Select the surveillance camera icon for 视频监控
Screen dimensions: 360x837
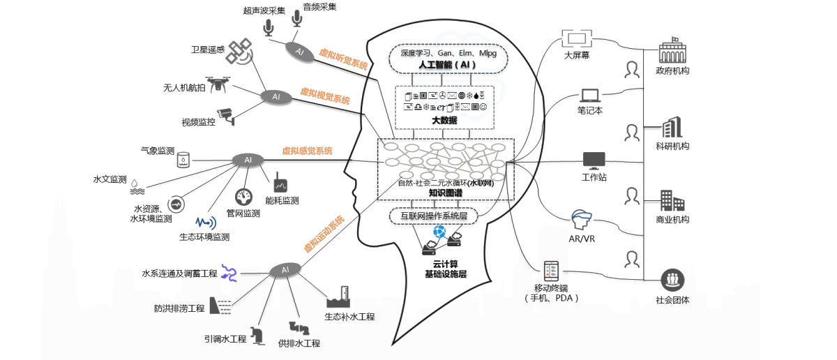coord(225,115)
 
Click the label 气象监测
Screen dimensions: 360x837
coord(157,150)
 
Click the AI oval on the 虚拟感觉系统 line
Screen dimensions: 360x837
coord(248,160)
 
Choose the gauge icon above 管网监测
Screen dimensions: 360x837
coord(243,196)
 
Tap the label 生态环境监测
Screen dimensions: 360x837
coord(204,237)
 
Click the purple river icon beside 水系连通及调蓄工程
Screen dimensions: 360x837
coord(229,272)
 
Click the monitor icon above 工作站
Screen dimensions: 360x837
coord(594,160)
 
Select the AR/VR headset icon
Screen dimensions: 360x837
coord(581,220)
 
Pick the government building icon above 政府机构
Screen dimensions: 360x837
coord(673,51)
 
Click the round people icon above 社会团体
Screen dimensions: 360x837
coord(672,279)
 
